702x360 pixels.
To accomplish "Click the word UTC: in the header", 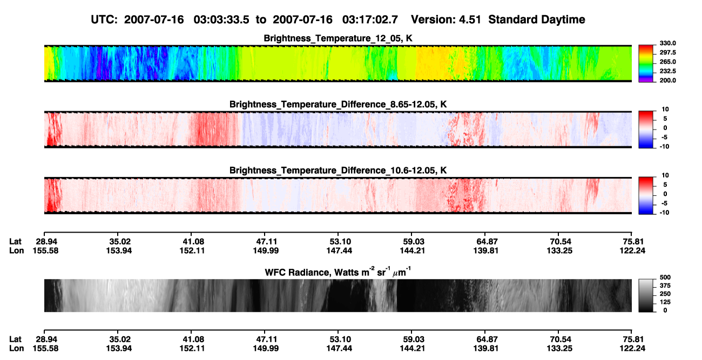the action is click(x=104, y=19).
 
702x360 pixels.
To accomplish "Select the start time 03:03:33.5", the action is click(x=221, y=19).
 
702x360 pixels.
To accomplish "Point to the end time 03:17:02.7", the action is click(x=370, y=19).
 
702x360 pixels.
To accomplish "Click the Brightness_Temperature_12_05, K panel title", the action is click(x=338, y=38).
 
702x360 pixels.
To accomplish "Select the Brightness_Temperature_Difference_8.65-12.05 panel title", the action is click(x=338, y=104).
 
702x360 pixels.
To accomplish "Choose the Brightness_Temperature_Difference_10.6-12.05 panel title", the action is click(x=338, y=171).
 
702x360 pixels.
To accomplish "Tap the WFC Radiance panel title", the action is click(x=338, y=272).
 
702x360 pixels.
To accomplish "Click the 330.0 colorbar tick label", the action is click(x=667, y=43).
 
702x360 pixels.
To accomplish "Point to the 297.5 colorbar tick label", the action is click(x=667, y=52).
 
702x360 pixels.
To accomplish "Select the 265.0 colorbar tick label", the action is click(x=667, y=62).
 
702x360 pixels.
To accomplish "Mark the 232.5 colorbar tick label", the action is click(x=667, y=71).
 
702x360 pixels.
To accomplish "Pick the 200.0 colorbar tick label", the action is click(x=667, y=80).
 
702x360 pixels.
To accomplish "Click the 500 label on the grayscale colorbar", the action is click(x=665, y=277).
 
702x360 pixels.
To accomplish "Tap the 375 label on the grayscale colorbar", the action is click(x=665, y=286).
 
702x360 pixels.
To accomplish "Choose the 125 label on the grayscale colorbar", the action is click(x=665, y=302).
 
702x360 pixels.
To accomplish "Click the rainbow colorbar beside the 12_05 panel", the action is click(x=646, y=64).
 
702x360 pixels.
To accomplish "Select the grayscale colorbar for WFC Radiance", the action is click(x=646, y=295).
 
